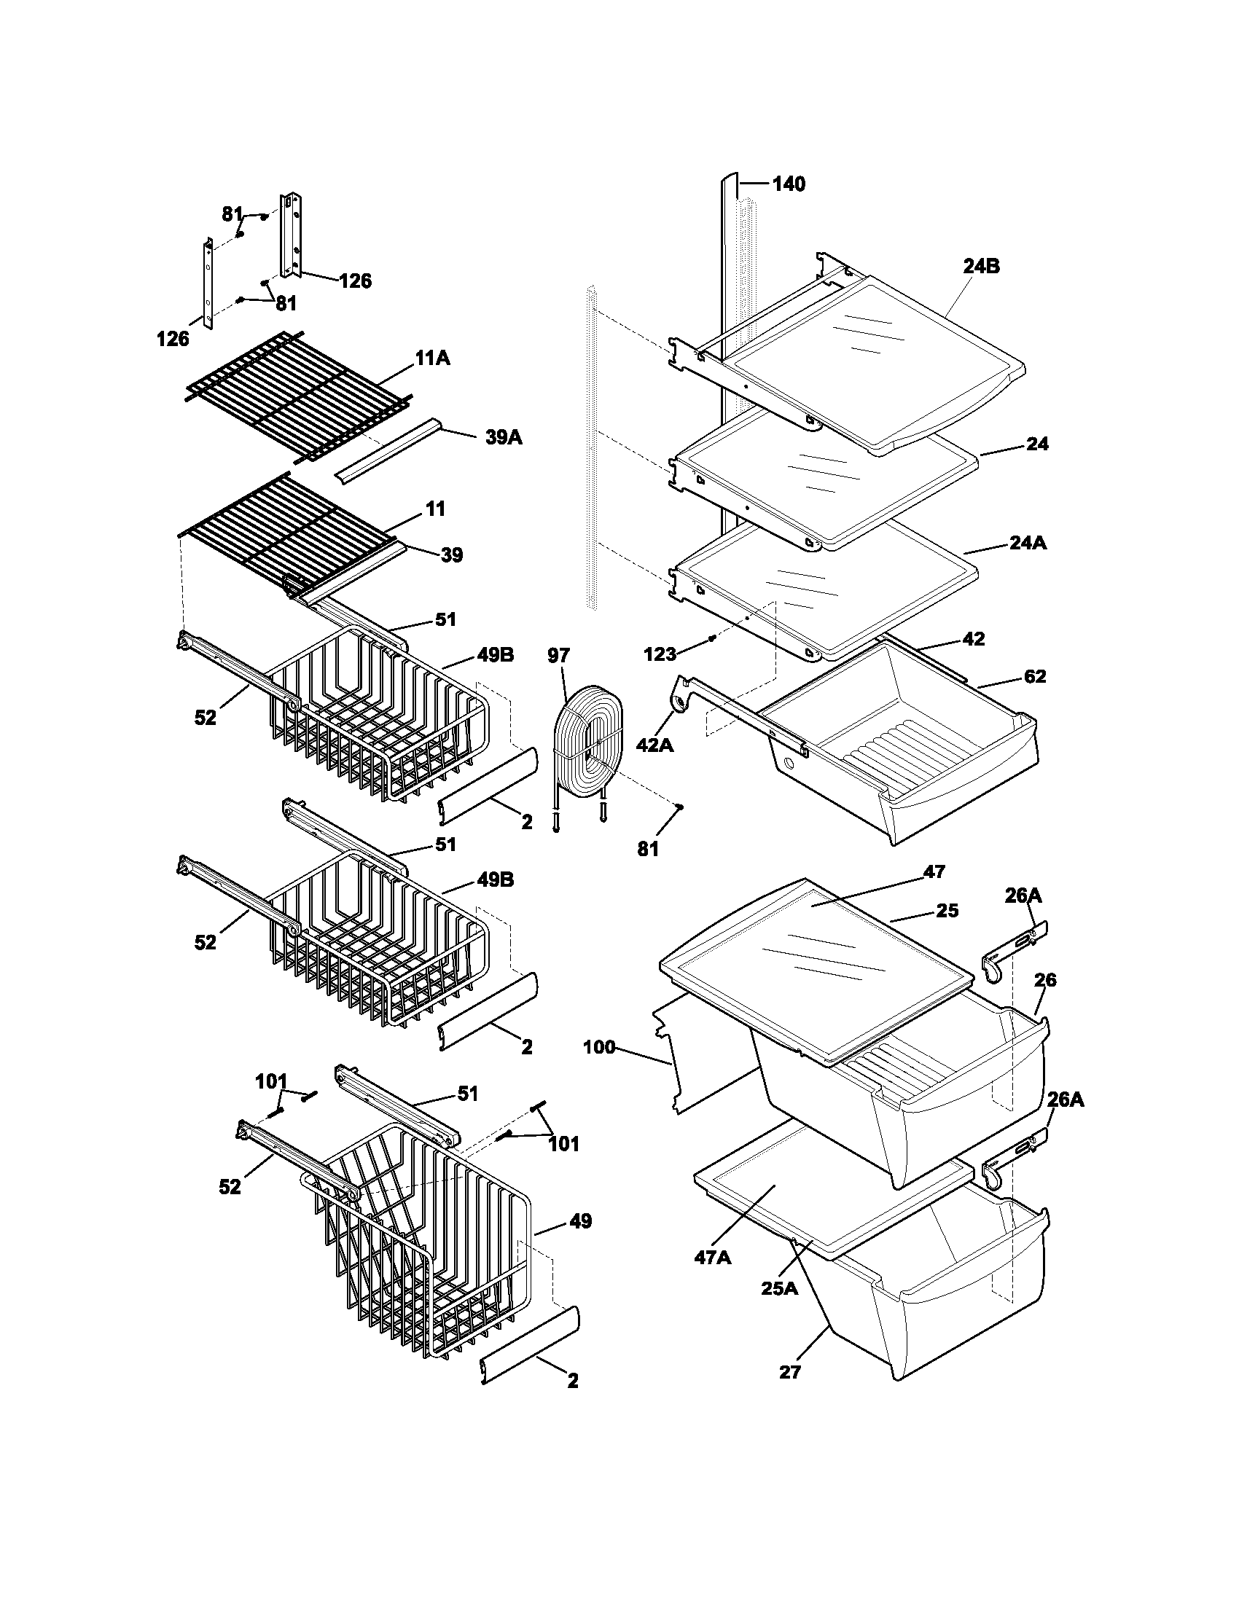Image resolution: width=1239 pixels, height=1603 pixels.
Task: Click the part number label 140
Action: click(x=789, y=184)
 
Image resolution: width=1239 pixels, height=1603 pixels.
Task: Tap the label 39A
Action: click(x=504, y=437)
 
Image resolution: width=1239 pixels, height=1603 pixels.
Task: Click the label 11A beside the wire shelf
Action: click(x=432, y=359)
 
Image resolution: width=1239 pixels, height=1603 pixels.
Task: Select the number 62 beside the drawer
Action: click(x=1034, y=677)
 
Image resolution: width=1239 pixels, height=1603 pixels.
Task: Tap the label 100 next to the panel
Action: click(x=599, y=1047)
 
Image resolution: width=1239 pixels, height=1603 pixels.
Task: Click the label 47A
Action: click(x=713, y=1258)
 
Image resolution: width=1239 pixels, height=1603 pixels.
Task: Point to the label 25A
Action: click(x=779, y=1288)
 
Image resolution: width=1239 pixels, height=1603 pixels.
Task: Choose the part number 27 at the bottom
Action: click(x=789, y=1371)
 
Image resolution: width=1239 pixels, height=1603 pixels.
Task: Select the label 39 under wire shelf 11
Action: click(x=451, y=556)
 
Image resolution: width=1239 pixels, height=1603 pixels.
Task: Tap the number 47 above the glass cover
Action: click(x=934, y=871)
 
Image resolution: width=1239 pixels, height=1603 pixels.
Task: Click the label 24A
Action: click(x=1028, y=543)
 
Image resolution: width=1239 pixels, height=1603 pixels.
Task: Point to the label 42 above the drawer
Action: click(x=972, y=638)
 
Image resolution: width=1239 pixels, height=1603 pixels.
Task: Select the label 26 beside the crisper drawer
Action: click(x=1044, y=980)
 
